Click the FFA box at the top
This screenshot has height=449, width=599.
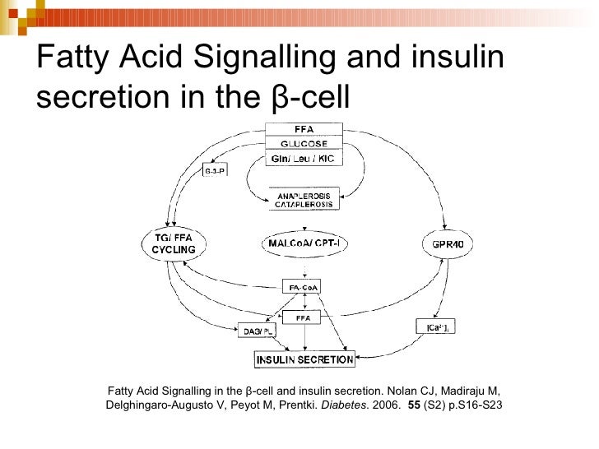[x=303, y=128]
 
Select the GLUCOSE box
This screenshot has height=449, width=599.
[x=303, y=142]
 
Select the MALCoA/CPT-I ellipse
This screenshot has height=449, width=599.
[x=304, y=243]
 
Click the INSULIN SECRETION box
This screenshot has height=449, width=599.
[x=304, y=359]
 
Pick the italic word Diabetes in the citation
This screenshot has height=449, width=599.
[x=342, y=405]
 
